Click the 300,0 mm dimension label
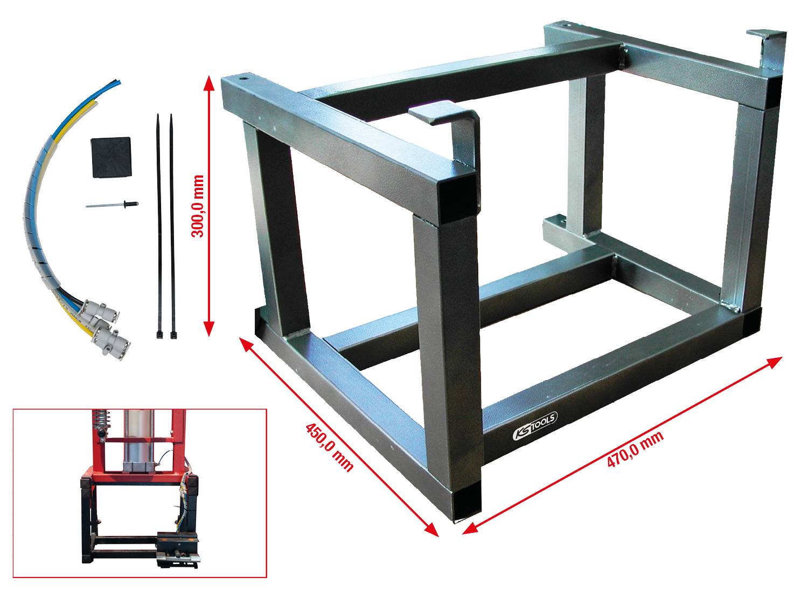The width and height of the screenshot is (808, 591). click(x=198, y=206)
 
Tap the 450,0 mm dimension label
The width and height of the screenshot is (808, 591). click(x=329, y=447)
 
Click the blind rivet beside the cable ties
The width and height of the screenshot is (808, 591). click(x=112, y=205)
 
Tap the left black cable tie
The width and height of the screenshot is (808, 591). click(x=159, y=226)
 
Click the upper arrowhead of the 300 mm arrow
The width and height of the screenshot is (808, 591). click(x=209, y=81)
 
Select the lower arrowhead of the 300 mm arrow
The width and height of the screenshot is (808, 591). click(x=209, y=330)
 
